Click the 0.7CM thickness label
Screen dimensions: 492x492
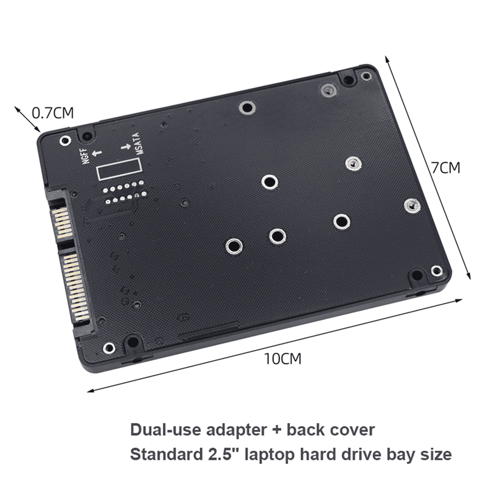(53, 112)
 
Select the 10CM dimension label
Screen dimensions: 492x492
(282, 359)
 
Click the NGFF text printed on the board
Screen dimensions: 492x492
(86, 156)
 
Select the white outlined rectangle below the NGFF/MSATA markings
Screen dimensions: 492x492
(119, 169)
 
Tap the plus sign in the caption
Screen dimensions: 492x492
(273, 430)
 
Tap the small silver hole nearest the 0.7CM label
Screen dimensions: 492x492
(64, 141)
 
